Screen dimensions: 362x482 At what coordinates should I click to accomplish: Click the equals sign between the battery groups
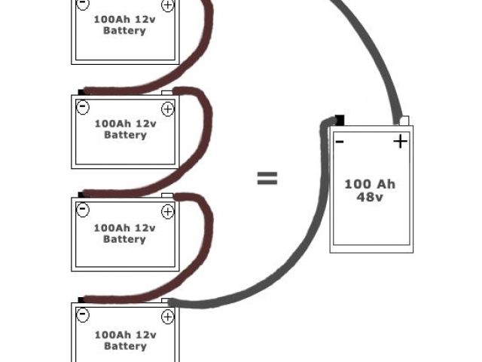(267, 179)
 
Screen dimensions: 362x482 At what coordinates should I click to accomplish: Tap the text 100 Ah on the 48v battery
(370, 184)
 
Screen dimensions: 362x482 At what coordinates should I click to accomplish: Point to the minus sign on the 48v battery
(340, 141)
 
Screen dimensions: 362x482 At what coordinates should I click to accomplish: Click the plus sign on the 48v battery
(400, 141)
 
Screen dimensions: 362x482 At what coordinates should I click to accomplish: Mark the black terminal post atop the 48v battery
(340, 119)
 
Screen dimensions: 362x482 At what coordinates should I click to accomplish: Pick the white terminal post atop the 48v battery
(404, 120)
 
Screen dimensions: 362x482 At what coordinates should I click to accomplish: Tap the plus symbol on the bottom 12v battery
(167, 315)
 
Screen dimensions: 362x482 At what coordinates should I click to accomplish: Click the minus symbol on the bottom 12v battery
(83, 314)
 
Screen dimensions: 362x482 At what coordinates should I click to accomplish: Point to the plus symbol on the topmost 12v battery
(167, 5)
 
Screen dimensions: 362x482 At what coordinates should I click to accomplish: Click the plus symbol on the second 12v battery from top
(167, 108)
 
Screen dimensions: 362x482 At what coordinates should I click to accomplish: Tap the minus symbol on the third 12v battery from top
(83, 210)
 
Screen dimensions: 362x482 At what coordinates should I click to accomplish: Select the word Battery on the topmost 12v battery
(125, 31)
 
